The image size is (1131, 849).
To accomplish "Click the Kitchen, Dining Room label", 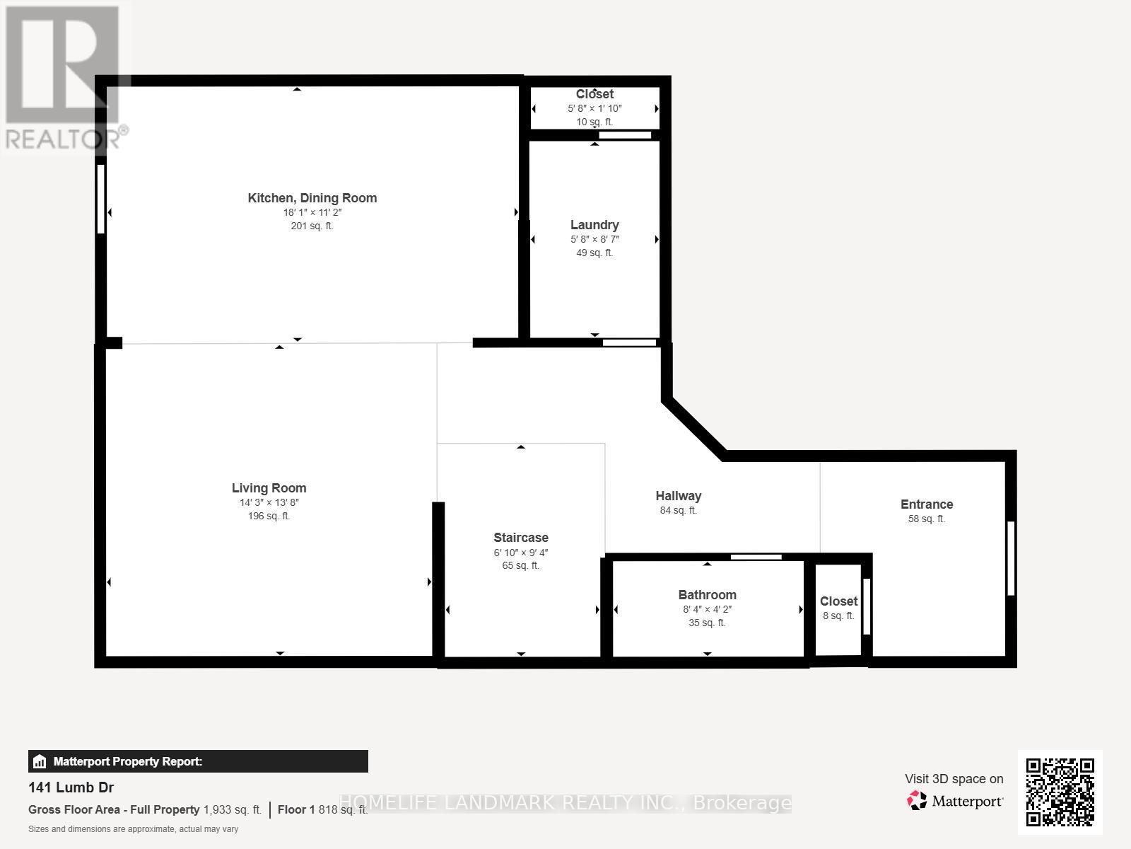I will click(x=312, y=198).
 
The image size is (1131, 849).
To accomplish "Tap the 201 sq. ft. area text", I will click(x=312, y=226).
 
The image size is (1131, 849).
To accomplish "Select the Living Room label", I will click(x=269, y=488).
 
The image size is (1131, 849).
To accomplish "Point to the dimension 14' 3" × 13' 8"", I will click(x=269, y=502).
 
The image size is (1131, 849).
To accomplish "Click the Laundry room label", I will click(x=594, y=225).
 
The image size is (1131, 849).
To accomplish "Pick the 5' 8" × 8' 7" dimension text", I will click(x=594, y=239).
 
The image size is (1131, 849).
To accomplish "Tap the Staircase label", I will click(x=520, y=538).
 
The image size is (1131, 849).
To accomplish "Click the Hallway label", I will click(x=678, y=496).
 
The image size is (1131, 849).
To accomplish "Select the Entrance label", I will click(x=926, y=504).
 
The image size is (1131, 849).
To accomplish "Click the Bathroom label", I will click(x=707, y=595).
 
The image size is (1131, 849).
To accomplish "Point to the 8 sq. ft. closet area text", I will click(x=838, y=616).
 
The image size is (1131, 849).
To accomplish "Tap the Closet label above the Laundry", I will click(x=594, y=94).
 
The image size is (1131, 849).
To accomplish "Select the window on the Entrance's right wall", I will click(x=1010, y=558).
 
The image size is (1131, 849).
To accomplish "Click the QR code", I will click(x=1060, y=792).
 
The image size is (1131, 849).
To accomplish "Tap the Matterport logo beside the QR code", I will click(x=955, y=802).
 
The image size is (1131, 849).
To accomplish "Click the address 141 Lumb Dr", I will click(x=71, y=787).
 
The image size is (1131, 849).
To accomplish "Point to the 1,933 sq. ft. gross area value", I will click(x=233, y=809).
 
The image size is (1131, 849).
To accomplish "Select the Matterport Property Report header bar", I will click(x=198, y=761).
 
